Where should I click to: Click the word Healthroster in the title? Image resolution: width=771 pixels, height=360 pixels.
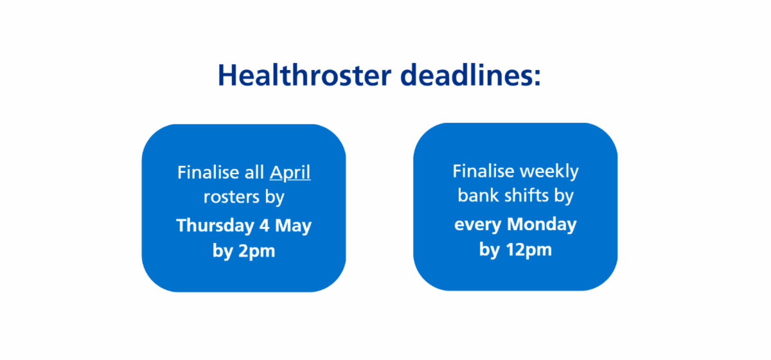pyautogui.click(x=303, y=75)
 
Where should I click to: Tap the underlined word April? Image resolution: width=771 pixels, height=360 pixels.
pyautogui.click(x=290, y=173)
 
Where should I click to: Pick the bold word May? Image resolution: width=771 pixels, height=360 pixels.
pyautogui.click(x=295, y=226)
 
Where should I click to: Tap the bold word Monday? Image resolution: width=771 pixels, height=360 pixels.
pyautogui.click(x=541, y=224)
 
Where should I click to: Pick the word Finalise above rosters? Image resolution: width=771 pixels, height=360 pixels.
pyautogui.click(x=203, y=173)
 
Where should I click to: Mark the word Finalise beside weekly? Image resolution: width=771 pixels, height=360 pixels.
pyautogui.click(x=483, y=172)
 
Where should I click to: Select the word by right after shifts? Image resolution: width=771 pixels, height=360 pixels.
pyautogui.click(x=563, y=195)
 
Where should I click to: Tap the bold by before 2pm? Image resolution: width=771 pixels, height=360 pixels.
pyautogui.click(x=222, y=251)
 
